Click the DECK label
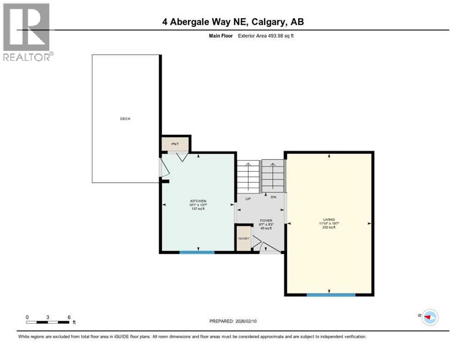125,119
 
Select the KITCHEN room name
198,201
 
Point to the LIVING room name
329,219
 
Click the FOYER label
266,220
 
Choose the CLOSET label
244,238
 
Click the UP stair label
248,198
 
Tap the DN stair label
273,197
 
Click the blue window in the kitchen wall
197,252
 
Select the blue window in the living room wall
331,294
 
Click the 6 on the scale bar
69,317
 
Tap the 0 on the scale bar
27,317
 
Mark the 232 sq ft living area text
329,227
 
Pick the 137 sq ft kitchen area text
198,209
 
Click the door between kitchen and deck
162,169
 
